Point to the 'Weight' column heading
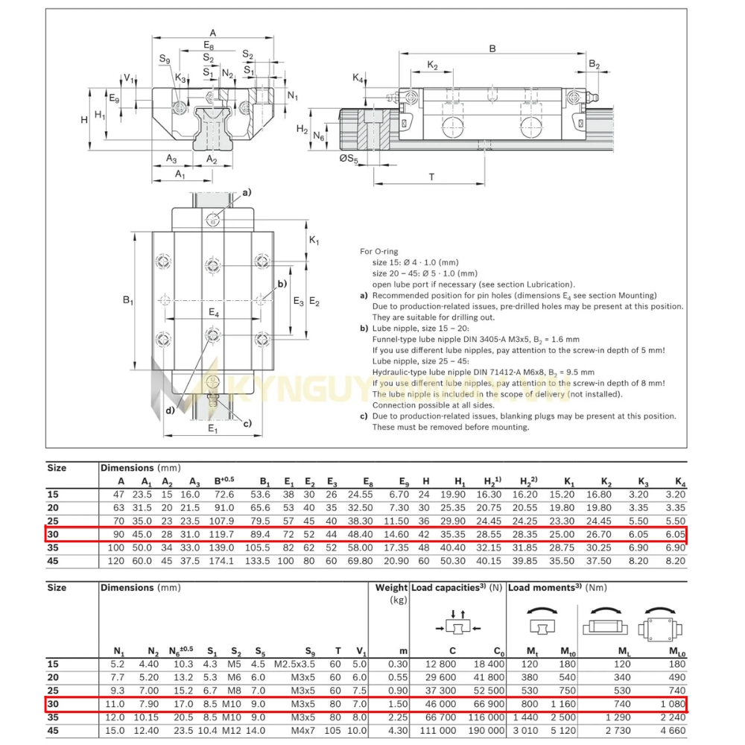pyautogui.click(x=391, y=588)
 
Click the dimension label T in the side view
pyautogui.click(x=432, y=177)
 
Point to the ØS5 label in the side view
pyautogui.click(x=349, y=158)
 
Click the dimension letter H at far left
pyautogui.click(x=84, y=119)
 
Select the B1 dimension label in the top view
pyautogui.click(x=128, y=300)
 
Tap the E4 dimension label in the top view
pyautogui.click(x=214, y=313)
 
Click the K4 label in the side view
pyautogui.click(x=358, y=78)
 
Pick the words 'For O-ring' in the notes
pyautogui.click(x=378, y=252)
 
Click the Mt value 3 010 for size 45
pyautogui.click(x=527, y=731)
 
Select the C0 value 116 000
pyautogui.click(x=489, y=717)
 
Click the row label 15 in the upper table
pyautogui.click(x=53, y=494)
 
